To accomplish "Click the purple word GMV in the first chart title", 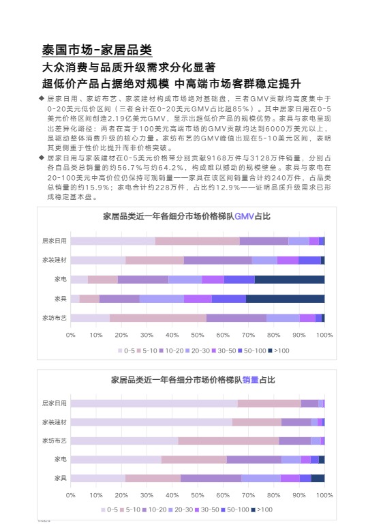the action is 243,217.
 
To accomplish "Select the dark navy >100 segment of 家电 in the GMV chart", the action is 289,279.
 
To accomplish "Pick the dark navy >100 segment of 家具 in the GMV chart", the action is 285,298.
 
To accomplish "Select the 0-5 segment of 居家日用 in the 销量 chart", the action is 153,403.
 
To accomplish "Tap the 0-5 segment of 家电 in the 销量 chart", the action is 115,459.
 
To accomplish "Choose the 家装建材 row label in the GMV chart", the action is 54,260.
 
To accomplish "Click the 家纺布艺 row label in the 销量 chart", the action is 54,441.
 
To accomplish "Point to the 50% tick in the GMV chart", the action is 198,335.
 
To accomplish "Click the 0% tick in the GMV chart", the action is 70,335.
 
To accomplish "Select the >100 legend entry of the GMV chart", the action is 279,350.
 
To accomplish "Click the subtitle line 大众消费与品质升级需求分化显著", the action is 129,68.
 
